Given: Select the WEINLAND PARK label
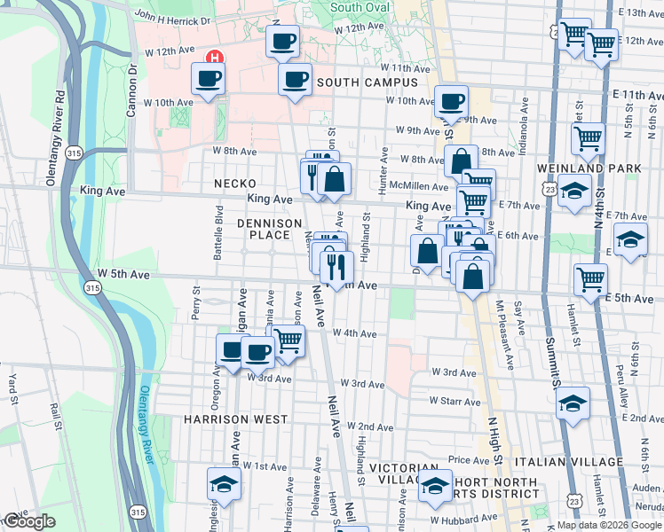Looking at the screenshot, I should pos(582,168).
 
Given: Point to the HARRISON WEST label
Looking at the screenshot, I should pos(235,419).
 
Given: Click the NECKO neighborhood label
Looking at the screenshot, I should pos(234,184).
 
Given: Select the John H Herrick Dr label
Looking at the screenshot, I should pos(173,19).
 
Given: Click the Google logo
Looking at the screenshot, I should pos(29,521).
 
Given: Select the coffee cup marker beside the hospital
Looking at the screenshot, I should pos(209,79).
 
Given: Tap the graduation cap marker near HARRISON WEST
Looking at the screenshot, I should pos(224,484).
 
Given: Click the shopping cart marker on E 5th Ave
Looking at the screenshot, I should pos(590,279).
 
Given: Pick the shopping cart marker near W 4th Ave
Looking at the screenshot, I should pos(289,340).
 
